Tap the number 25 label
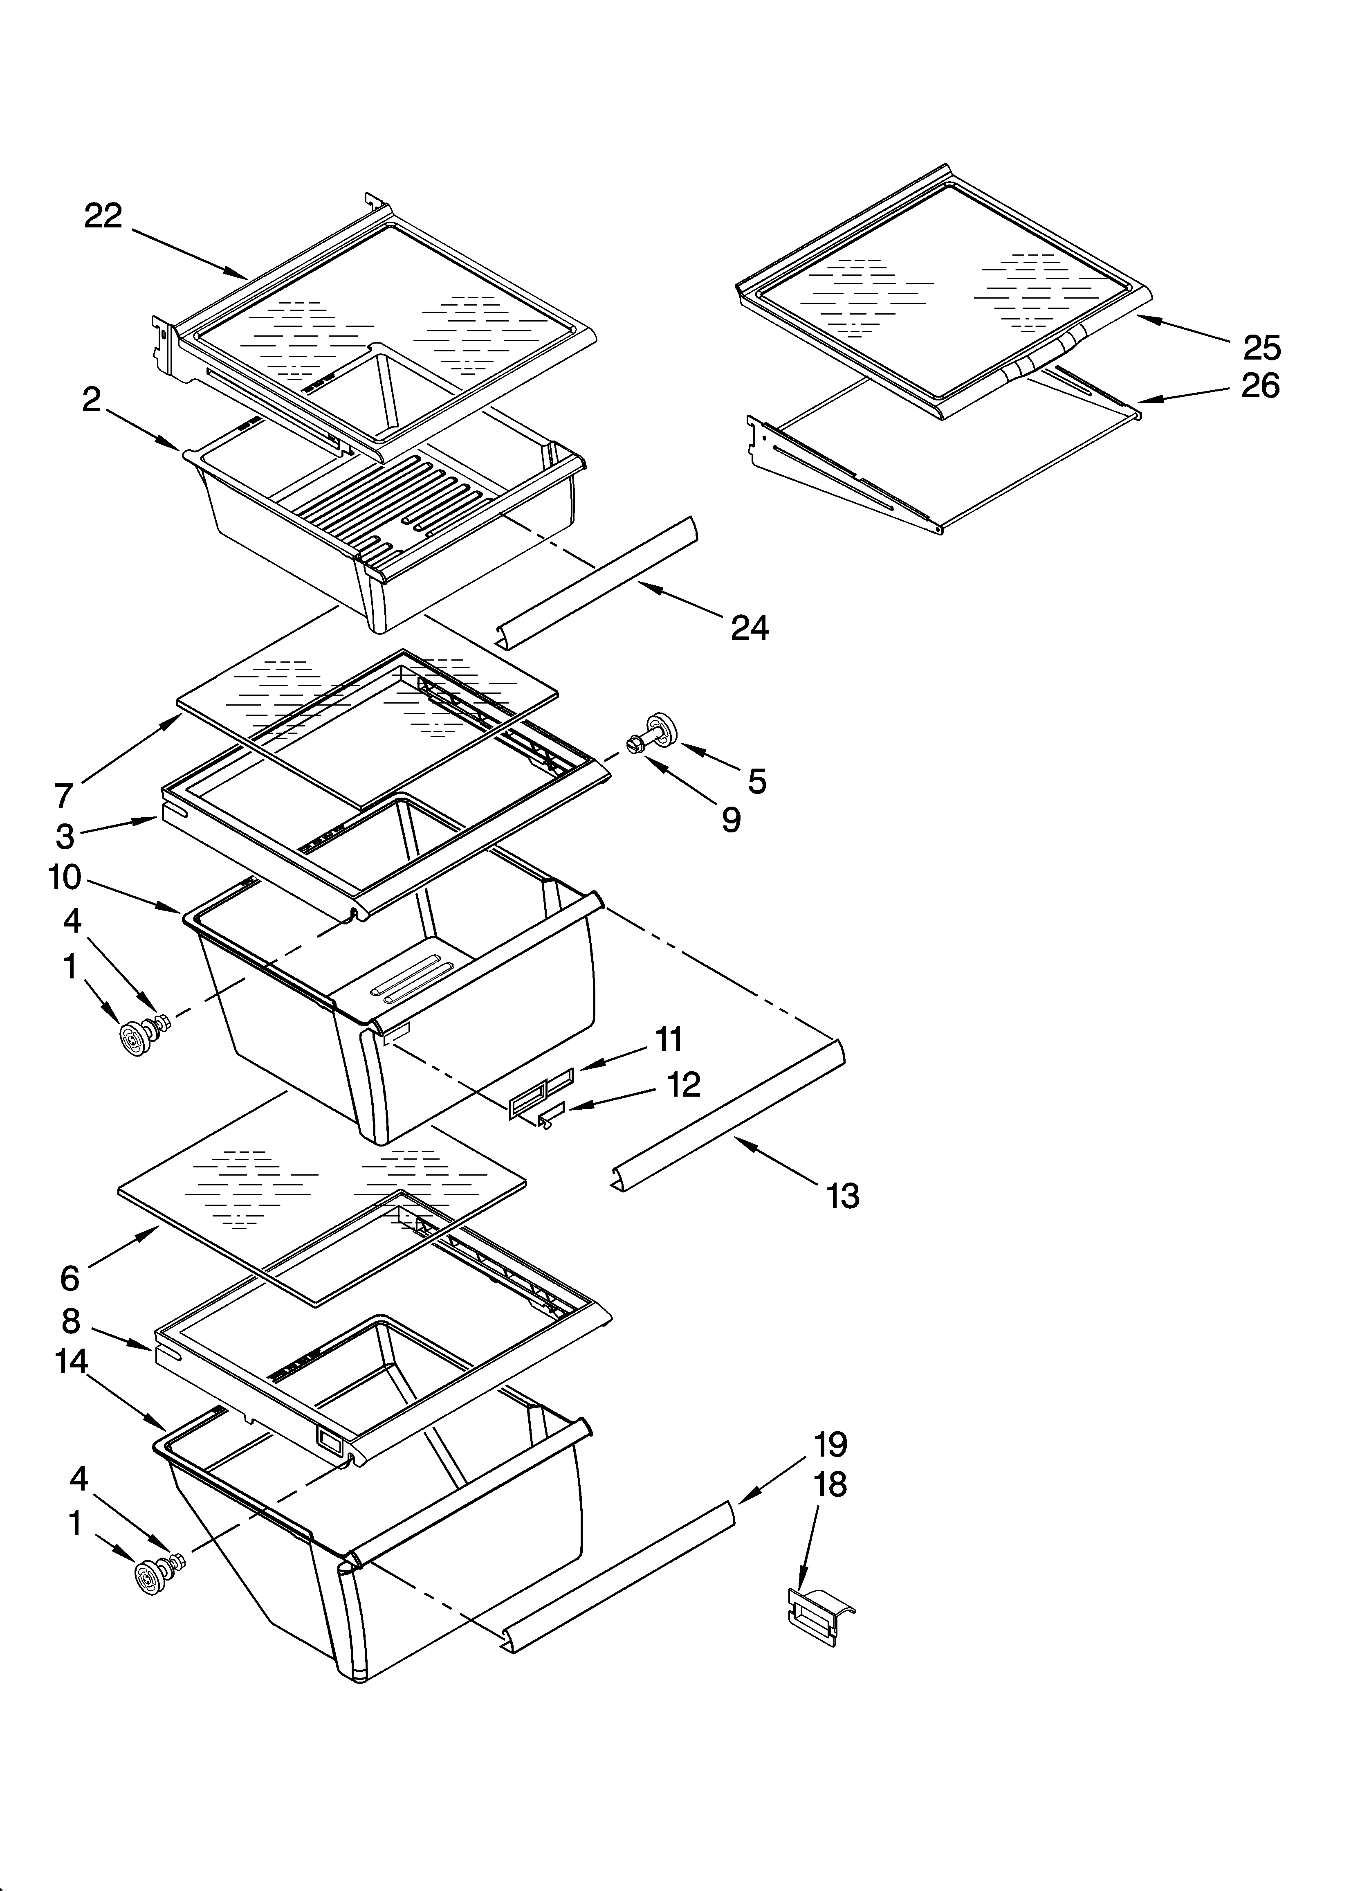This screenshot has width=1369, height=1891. pyautogui.click(x=1261, y=348)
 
